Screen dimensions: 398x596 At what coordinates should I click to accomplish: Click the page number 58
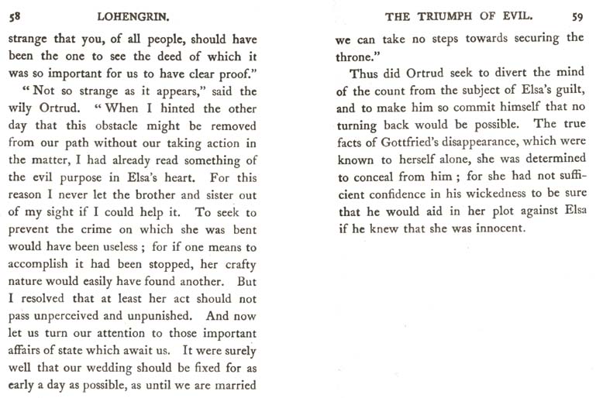pyautogui.click(x=14, y=15)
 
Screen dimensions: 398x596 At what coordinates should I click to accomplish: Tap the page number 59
pyautogui.click(x=577, y=15)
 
